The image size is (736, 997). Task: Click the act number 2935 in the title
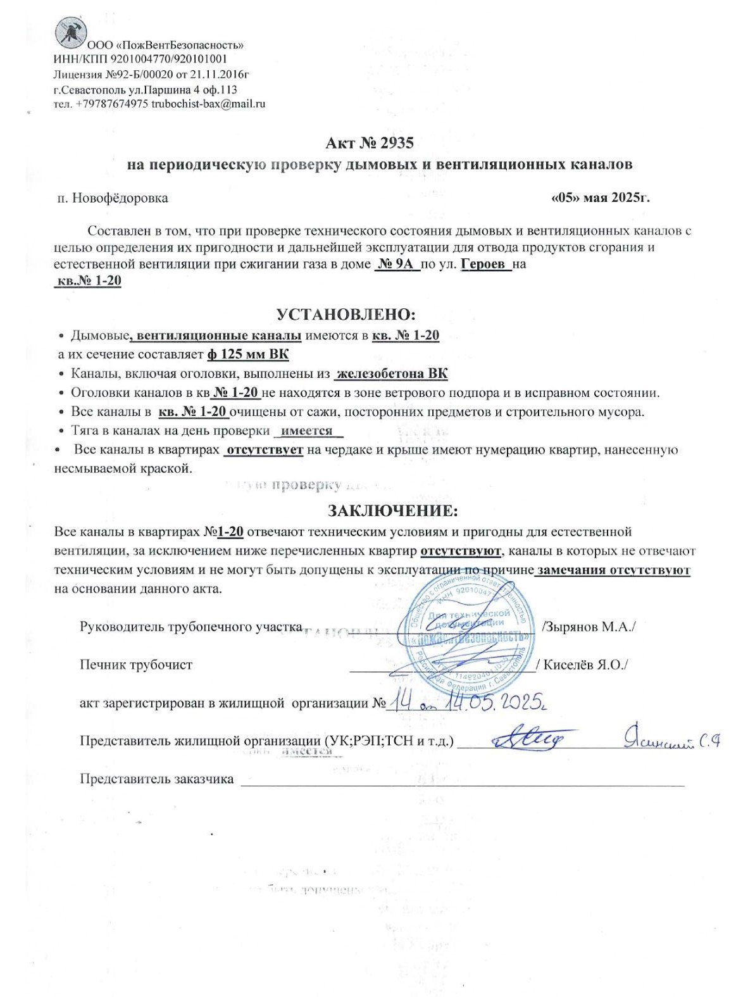click(397, 143)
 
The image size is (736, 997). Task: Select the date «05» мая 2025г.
click(601, 198)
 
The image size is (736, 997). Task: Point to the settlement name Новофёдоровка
click(120, 198)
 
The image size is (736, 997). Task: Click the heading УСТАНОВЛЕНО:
click(346, 314)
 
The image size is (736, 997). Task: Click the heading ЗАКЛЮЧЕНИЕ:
click(392, 510)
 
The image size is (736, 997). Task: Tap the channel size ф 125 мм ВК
click(247, 354)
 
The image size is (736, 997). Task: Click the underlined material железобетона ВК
click(391, 373)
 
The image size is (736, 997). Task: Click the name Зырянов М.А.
click(589, 627)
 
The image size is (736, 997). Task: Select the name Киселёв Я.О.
click(584, 665)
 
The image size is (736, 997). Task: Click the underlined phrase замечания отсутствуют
click(613, 570)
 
